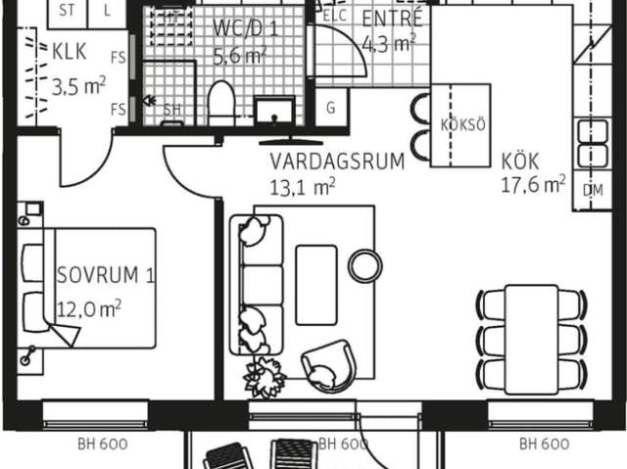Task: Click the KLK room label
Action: pos(70,51)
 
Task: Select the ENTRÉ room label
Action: pos(392,20)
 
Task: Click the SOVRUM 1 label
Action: pos(106,275)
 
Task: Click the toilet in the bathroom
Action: pos(219,103)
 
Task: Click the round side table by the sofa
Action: pos(365,263)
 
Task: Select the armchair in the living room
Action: pos(330,364)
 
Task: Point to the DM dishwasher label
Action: pos(593,190)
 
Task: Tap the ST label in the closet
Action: pos(68,11)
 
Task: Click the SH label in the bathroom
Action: pos(172,111)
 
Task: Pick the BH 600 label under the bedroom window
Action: pos(103,444)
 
